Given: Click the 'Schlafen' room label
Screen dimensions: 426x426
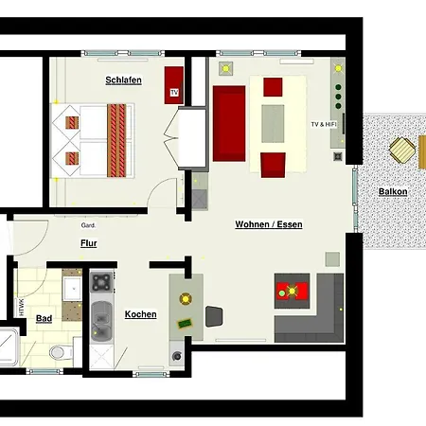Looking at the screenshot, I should pos(123,80).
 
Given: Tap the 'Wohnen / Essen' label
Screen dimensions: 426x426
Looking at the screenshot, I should pos(269,224).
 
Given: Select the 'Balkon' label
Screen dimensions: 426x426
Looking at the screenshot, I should pos(393,191).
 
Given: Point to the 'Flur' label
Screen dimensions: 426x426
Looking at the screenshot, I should pos(88,243).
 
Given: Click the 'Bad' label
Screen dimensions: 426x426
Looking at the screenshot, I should pos(44,319).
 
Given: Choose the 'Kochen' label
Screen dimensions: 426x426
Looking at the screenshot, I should pos(140,314).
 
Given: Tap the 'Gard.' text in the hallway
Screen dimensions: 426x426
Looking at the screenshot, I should pos(88,225).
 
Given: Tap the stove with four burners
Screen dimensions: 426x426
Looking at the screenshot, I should pos(100,282).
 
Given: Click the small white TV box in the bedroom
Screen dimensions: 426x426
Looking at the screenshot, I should pos(174,93).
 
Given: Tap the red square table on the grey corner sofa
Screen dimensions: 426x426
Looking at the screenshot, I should pos(291,291).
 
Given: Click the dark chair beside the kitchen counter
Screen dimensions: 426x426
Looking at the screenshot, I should pos(214,316).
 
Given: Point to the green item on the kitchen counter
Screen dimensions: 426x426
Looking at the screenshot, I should pos(186,323).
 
